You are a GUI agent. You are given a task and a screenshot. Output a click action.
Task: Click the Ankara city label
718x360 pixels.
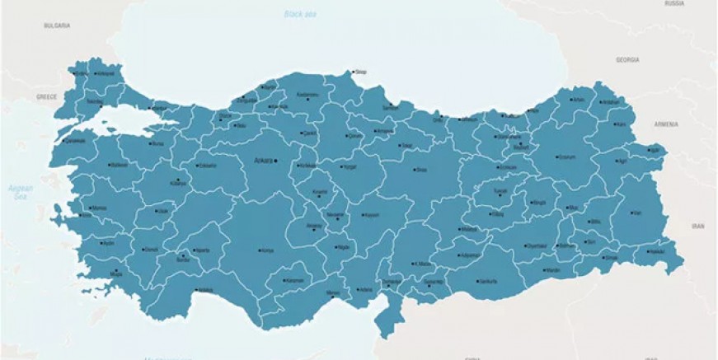tap(263, 160)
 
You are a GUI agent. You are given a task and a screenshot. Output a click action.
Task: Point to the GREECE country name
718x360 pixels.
tap(46, 96)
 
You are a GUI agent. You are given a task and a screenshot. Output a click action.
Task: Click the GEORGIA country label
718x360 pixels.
tap(627, 60)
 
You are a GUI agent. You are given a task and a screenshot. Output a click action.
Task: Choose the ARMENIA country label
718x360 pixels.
tap(666, 124)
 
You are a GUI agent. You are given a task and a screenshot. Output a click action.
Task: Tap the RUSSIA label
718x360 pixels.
tap(674, 3)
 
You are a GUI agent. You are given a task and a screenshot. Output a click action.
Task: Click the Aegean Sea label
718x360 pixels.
tap(20, 193)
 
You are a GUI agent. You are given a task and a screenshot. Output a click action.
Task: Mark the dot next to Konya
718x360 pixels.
tap(260, 250)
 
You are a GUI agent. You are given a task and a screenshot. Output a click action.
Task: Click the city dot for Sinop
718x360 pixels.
tap(352, 72)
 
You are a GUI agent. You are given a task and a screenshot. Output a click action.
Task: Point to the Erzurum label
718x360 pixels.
tap(566, 157)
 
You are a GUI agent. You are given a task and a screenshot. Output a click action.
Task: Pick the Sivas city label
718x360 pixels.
tap(421, 170)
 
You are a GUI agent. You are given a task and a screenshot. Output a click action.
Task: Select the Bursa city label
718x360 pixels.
tap(159, 143)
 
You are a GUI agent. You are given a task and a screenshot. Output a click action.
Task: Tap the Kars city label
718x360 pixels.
tap(622, 124)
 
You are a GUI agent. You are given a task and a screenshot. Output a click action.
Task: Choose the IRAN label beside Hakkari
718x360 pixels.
tap(698, 224)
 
